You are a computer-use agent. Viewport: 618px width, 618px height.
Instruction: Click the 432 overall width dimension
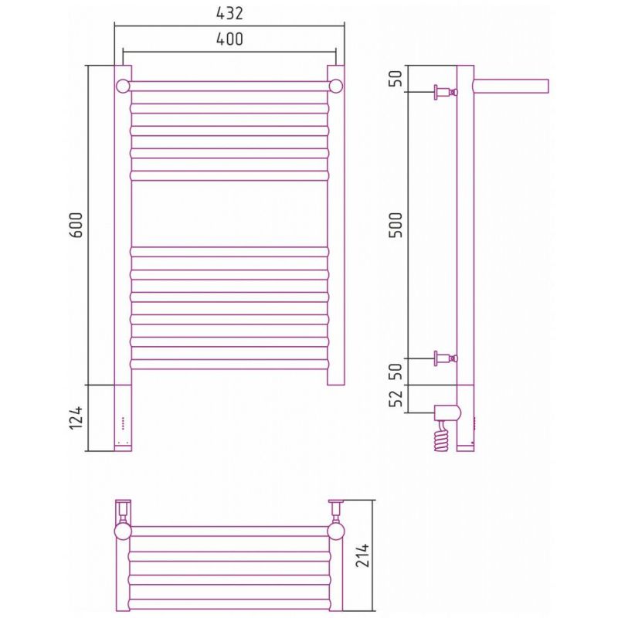coord(229,13)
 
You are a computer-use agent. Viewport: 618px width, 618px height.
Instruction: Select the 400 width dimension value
coord(229,39)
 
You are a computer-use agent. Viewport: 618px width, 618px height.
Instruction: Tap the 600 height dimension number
coord(76,225)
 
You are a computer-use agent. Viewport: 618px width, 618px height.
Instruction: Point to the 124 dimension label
coord(76,418)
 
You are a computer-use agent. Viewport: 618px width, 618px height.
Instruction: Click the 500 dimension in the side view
coord(396,225)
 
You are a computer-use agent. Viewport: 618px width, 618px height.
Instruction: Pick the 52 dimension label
coord(396,398)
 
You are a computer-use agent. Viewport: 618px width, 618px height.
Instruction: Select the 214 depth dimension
coord(362,555)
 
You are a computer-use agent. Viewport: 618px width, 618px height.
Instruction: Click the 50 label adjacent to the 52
coord(396,371)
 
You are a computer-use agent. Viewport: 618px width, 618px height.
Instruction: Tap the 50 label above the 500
coord(396,79)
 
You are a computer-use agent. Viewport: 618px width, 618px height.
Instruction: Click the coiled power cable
coord(442,436)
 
